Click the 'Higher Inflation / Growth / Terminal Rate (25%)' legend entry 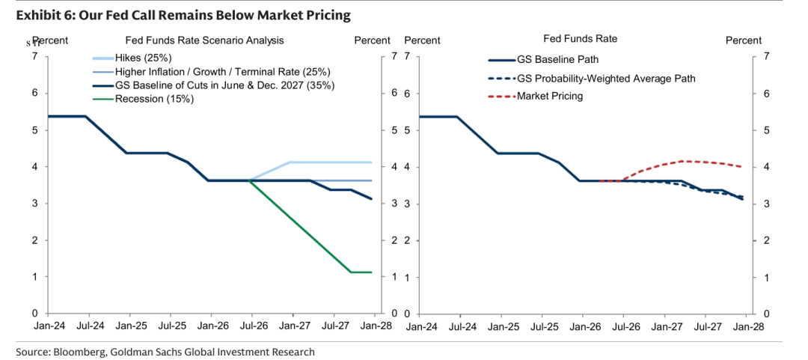210,71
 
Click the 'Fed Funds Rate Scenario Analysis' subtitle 204,40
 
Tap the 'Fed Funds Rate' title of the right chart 581,39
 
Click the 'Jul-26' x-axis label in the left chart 250,326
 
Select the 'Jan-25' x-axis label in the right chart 501,326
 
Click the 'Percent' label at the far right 744,40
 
